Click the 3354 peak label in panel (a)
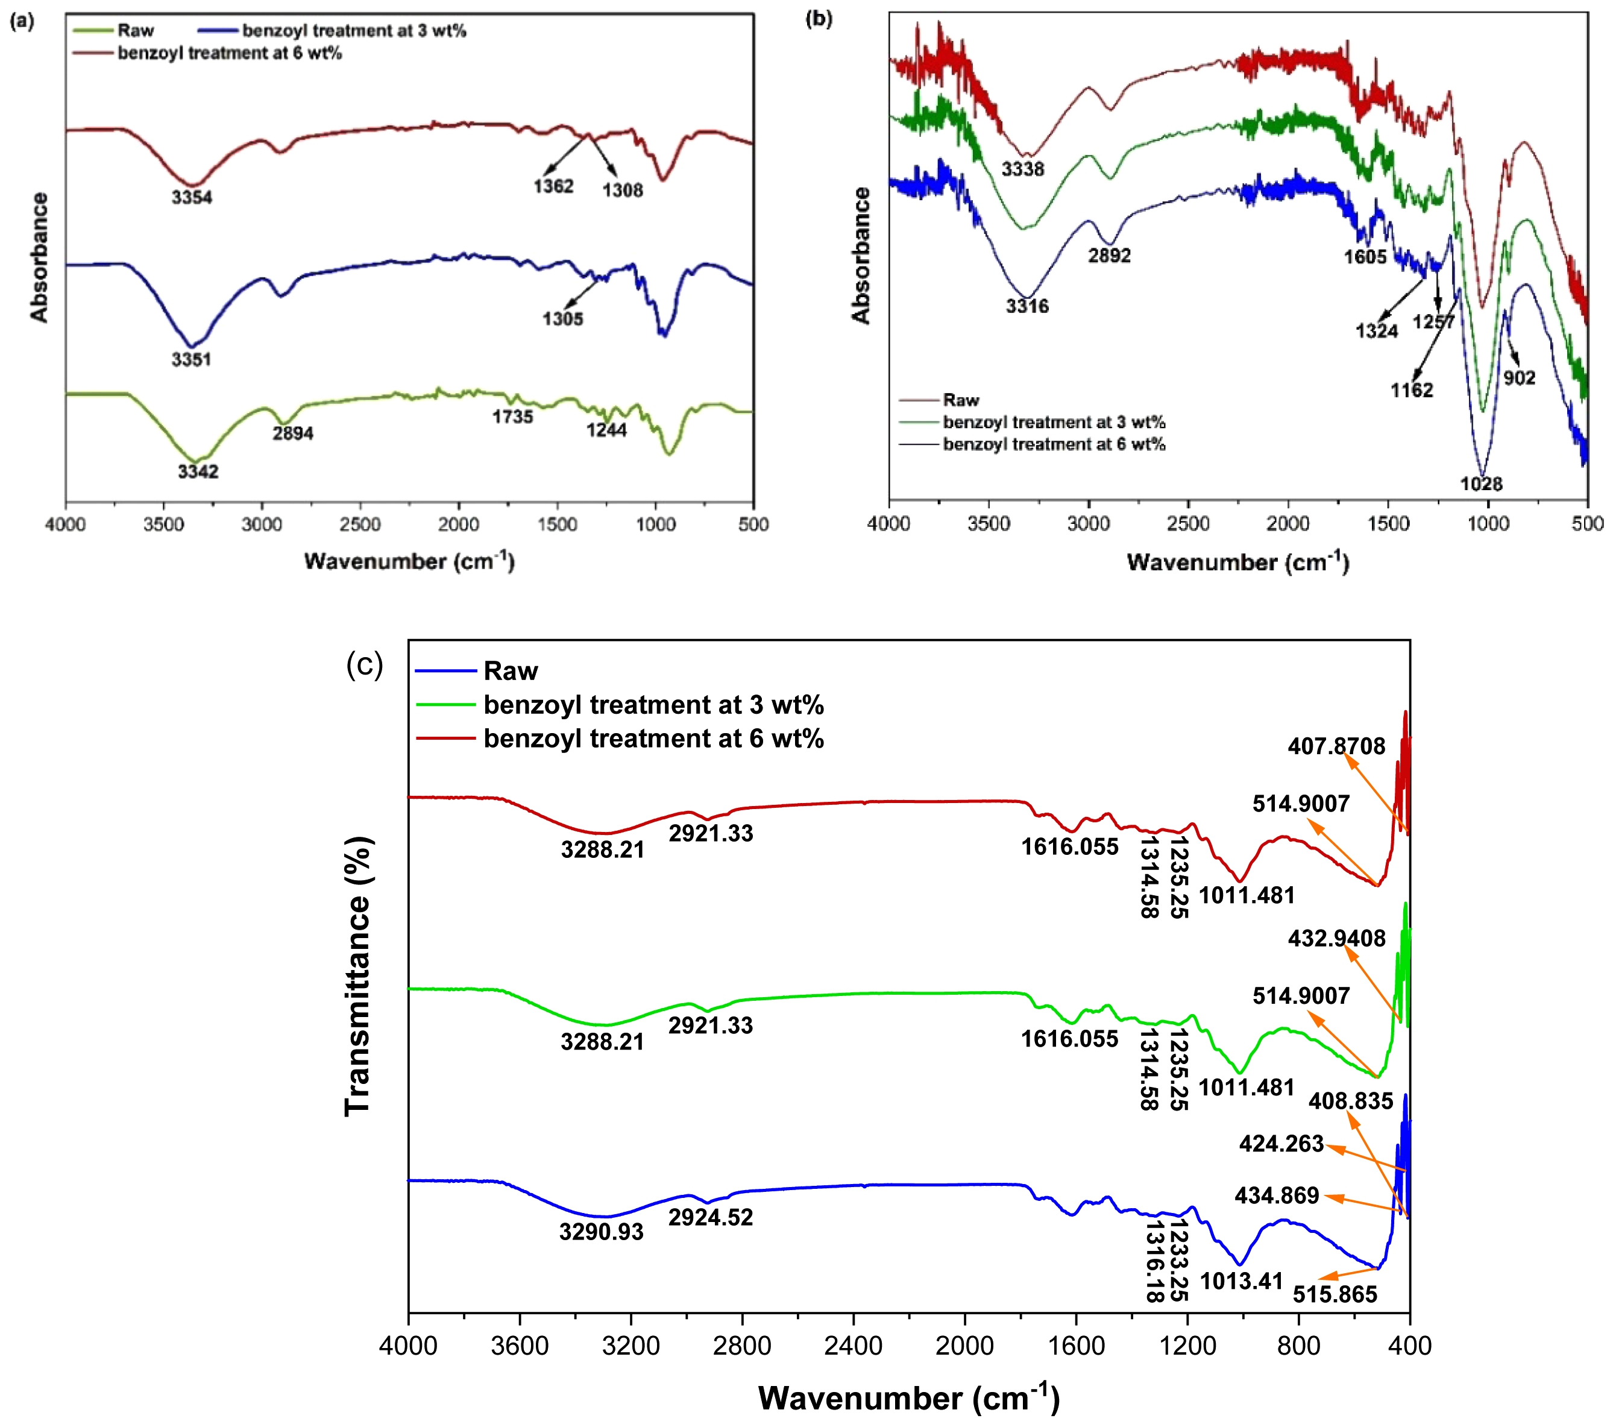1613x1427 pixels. [192, 197]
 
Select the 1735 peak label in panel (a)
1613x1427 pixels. [513, 417]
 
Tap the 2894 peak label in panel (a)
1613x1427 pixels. [293, 433]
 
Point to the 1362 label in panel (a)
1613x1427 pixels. [553, 186]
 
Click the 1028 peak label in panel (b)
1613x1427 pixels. [1481, 484]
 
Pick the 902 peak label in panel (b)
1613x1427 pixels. [1519, 378]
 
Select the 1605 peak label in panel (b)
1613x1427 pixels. [1365, 256]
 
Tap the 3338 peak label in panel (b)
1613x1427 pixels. [1023, 169]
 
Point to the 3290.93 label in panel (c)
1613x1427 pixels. [602, 1232]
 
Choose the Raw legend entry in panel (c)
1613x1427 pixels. [511, 672]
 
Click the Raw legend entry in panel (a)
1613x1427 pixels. [135, 31]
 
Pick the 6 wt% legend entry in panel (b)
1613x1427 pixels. [1054, 444]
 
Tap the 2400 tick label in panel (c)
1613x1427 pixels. [853, 1345]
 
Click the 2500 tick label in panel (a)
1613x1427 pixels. [360, 524]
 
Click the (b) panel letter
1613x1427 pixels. [819, 19]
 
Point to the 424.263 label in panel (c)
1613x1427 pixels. [1281, 1144]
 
